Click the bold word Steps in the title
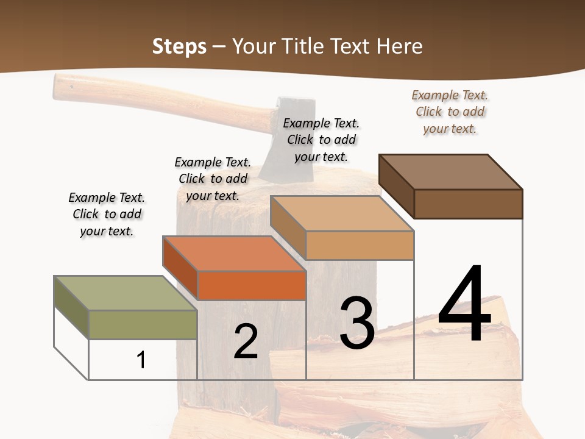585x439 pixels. (x=179, y=46)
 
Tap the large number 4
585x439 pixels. (x=464, y=305)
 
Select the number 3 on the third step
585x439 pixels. (x=356, y=323)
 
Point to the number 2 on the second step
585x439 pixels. (x=246, y=342)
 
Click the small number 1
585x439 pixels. (x=141, y=360)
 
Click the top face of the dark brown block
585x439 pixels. (x=450, y=171)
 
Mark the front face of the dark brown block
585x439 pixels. (x=468, y=204)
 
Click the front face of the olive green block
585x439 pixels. (x=143, y=324)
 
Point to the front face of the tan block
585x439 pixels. (x=360, y=246)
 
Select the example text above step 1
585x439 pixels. (x=107, y=215)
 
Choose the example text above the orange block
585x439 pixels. (x=213, y=179)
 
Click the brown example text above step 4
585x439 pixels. (x=450, y=112)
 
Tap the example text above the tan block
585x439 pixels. (x=321, y=140)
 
